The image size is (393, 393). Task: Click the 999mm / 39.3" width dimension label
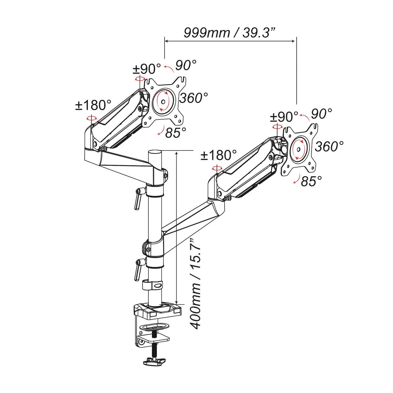coord(230,32)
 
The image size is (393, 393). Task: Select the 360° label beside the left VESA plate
coord(194,98)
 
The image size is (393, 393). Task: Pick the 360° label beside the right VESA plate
coord(329,146)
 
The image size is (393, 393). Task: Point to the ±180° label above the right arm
coord(219,155)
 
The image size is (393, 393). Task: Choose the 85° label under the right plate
coord(311,181)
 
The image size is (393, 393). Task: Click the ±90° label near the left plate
coord(147,69)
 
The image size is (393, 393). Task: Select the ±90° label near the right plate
coord(284,117)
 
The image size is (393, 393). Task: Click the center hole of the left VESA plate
coord(163,102)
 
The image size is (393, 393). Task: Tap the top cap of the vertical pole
coord(155,152)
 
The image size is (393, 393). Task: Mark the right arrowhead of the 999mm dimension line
coord(294,41)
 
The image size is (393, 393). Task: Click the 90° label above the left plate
coord(186,65)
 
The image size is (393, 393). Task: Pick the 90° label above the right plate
coord(321,114)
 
